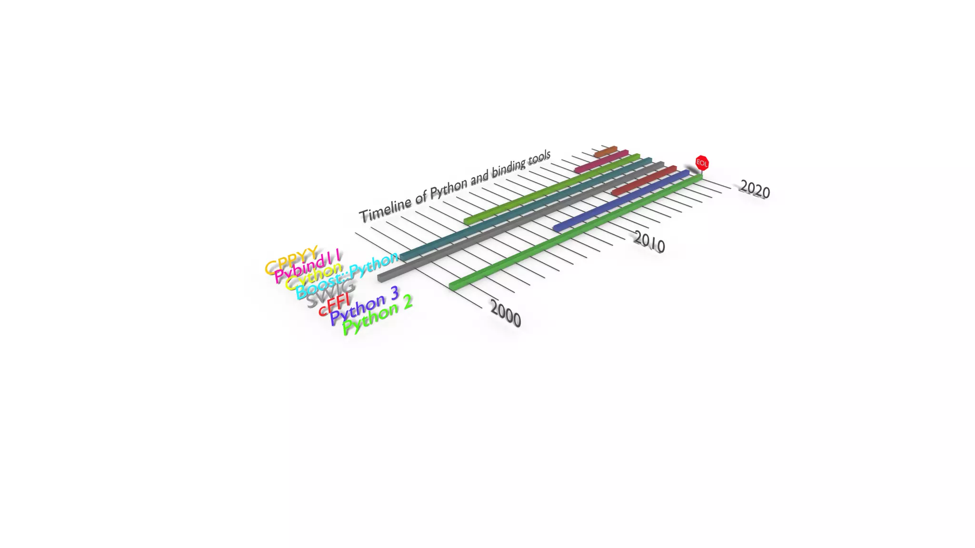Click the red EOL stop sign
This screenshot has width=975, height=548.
click(702, 163)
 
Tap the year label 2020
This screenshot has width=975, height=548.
click(755, 189)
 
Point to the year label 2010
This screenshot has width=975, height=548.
click(649, 242)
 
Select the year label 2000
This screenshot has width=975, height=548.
click(506, 313)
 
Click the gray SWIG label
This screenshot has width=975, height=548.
click(330, 294)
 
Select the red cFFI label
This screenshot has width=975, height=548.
click(334, 305)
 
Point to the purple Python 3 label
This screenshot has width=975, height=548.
click(364, 305)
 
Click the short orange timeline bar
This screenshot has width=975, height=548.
click(605, 152)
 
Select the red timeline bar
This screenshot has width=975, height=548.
click(644, 181)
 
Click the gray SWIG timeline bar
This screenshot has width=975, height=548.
click(519, 221)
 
